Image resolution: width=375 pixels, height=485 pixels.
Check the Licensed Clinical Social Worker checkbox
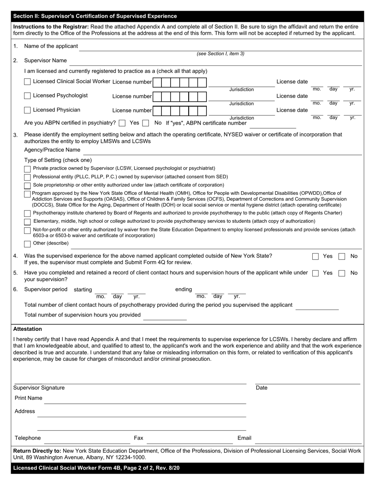point(27,82)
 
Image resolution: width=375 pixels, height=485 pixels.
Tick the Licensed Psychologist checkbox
point(27,96)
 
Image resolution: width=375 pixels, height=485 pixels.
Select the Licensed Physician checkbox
point(27,110)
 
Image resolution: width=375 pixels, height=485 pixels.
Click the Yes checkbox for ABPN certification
point(122,123)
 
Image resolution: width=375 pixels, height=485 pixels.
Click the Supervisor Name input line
point(215,62)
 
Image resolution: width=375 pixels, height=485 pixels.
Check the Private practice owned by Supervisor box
point(27,169)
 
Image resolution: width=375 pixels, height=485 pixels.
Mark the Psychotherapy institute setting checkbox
point(27,213)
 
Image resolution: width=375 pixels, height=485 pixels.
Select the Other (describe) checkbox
point(27,244)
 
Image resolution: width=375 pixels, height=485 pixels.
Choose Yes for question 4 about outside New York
point(315,256)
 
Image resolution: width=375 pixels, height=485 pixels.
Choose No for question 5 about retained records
point(342,273)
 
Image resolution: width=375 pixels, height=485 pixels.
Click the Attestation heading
point(28,329)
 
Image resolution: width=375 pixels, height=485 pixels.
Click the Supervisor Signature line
point(130,381)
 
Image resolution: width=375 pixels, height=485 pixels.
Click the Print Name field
point(145,400)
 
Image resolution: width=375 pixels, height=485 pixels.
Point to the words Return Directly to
point(37,451)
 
